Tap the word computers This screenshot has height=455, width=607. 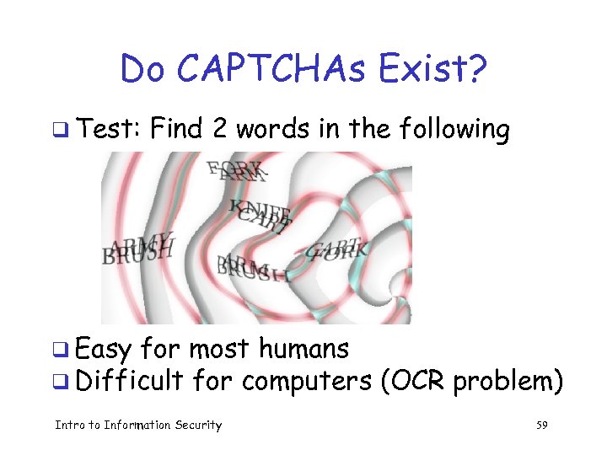click(x=307, y=383)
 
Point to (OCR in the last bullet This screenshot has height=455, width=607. click(x=413, y=382)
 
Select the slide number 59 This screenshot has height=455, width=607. click(x=541, y=426)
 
